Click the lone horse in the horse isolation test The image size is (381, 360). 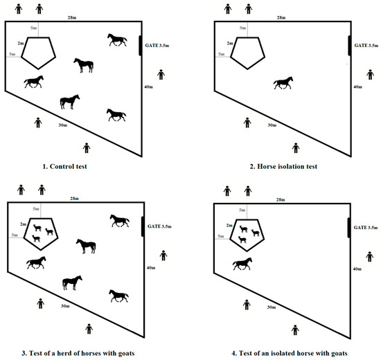click(x=283, y=83)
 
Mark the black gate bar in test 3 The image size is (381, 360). click(x=143, y=226)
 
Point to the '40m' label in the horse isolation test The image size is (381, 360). click(x=357, y=87)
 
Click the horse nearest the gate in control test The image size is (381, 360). click(x=117, y=40)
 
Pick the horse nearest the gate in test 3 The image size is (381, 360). click(x=119, y=221)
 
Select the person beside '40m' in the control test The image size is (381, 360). click(x=161, y=74)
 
